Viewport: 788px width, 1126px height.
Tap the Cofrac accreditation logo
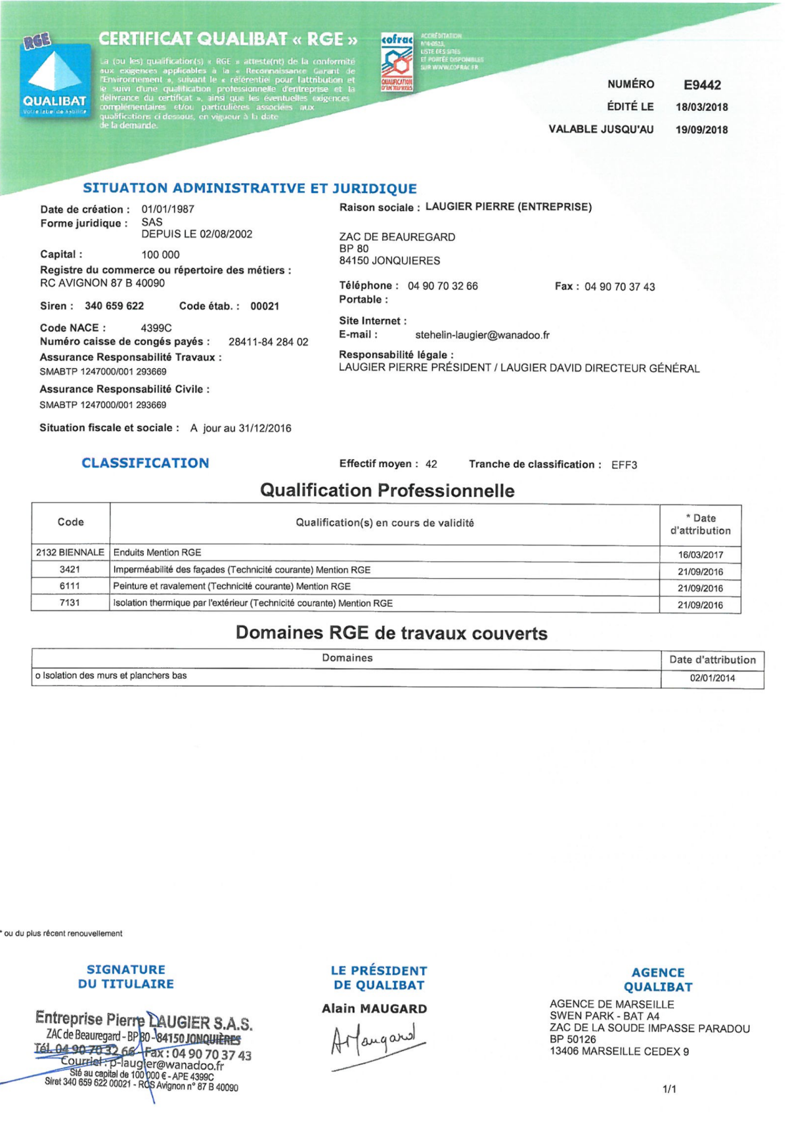397,62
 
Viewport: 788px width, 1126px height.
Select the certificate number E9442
701,85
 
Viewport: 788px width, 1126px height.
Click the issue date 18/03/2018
701,107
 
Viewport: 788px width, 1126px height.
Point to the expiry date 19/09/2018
701,130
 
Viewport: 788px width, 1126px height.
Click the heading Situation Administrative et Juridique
250,188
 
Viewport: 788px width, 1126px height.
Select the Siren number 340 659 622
114,306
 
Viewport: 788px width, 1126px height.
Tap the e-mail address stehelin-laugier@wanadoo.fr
482,335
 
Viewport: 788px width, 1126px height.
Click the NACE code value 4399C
156,328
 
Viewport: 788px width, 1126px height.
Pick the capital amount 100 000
160,255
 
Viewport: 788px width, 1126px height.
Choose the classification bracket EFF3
624,465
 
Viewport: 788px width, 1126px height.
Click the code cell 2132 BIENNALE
70,553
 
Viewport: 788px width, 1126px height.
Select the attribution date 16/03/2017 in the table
700,555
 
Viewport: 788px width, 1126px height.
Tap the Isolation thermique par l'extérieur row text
253,604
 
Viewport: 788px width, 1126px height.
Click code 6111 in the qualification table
70,587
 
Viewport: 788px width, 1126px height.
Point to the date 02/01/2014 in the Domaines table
712,678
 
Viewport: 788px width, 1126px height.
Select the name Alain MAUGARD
374,1009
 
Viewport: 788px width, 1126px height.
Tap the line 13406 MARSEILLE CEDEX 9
619,1052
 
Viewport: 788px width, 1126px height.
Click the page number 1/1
669,1089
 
